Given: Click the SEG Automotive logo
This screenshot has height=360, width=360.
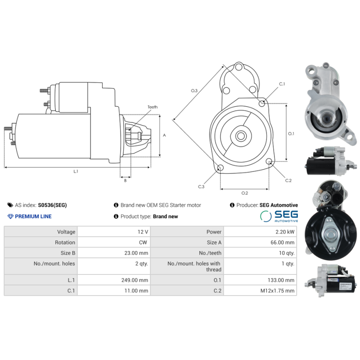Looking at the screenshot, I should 279,216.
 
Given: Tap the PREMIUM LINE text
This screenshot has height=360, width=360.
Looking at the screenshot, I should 33,216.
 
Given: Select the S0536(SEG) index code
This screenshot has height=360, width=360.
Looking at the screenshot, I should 52,205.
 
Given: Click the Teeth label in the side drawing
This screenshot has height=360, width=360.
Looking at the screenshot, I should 153,107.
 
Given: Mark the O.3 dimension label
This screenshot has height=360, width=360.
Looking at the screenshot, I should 194,91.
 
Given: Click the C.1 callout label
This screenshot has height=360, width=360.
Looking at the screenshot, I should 282,84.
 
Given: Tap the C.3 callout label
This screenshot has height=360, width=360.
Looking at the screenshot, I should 201,186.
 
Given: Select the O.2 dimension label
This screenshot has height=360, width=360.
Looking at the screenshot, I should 244,193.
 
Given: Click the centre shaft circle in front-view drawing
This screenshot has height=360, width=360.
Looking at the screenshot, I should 240,135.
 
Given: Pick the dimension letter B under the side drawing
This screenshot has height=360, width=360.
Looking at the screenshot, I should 125,181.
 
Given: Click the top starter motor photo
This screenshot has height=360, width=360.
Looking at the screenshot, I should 327,103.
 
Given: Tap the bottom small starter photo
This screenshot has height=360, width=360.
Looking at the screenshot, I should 330,282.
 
